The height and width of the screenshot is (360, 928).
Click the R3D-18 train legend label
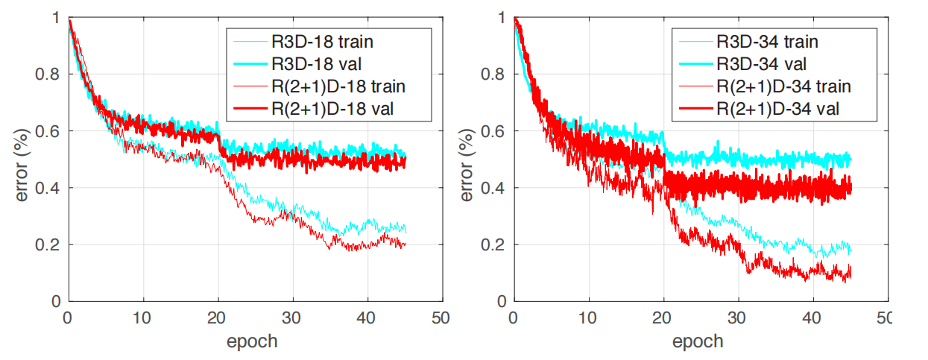(322, 42)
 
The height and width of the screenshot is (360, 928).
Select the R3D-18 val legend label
(317, 64)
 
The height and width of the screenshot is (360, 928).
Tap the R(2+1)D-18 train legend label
(338, 86)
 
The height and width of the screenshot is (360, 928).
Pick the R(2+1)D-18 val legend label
(332, 109)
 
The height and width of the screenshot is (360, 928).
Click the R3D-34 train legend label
(767, 42)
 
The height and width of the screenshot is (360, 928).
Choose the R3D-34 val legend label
(762, 64)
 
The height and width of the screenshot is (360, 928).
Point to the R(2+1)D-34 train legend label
(784, 86)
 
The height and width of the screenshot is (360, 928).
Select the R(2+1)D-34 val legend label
(778, 109)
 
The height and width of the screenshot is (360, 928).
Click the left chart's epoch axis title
(252, 342)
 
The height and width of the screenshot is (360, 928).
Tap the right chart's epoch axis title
(698, 342)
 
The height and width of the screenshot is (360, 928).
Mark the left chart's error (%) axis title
(22, 165)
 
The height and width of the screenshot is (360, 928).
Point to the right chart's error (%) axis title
(467, 165)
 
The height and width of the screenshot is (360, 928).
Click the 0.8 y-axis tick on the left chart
(47, 75)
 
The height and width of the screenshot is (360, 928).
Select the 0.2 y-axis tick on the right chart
(493, 244)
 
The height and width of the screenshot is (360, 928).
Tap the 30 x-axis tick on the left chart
(291, 318)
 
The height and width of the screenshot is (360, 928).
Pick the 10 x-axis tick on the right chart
(587, 318)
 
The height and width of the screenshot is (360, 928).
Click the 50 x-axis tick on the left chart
(441, 318)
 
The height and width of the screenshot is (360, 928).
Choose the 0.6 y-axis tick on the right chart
(493, 131)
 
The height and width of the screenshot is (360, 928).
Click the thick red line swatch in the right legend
(696, 109)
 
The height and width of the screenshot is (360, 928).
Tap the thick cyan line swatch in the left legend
(250, 64)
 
